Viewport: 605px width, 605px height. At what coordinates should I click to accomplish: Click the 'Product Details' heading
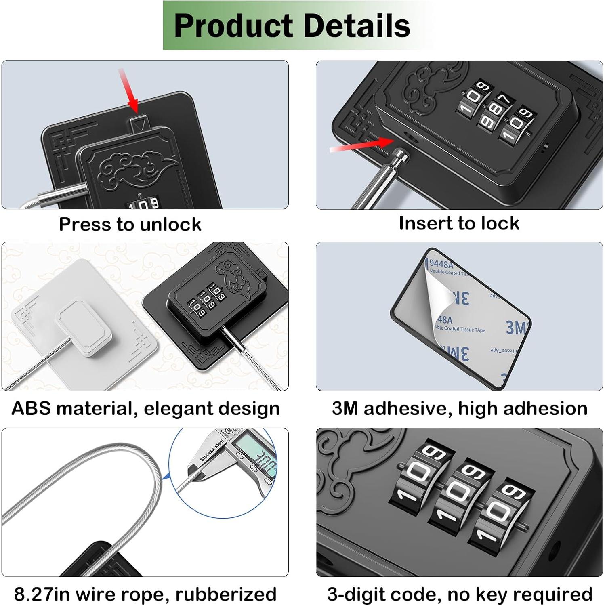coord(292,25)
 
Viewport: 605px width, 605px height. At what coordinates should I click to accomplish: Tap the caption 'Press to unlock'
coord(130,224)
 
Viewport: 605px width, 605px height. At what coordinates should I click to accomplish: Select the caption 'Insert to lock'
coord(459,223)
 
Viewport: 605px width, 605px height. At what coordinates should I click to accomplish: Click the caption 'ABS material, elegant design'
coord(145,408)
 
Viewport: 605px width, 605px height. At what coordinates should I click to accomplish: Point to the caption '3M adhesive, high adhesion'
coord(459,408)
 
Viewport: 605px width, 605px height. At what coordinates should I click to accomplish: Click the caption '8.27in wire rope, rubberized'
coord(145,594)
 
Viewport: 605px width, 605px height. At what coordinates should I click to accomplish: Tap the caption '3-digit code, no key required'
coord(460,594)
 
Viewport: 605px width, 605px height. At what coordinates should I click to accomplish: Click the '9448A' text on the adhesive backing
coord(441,264)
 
